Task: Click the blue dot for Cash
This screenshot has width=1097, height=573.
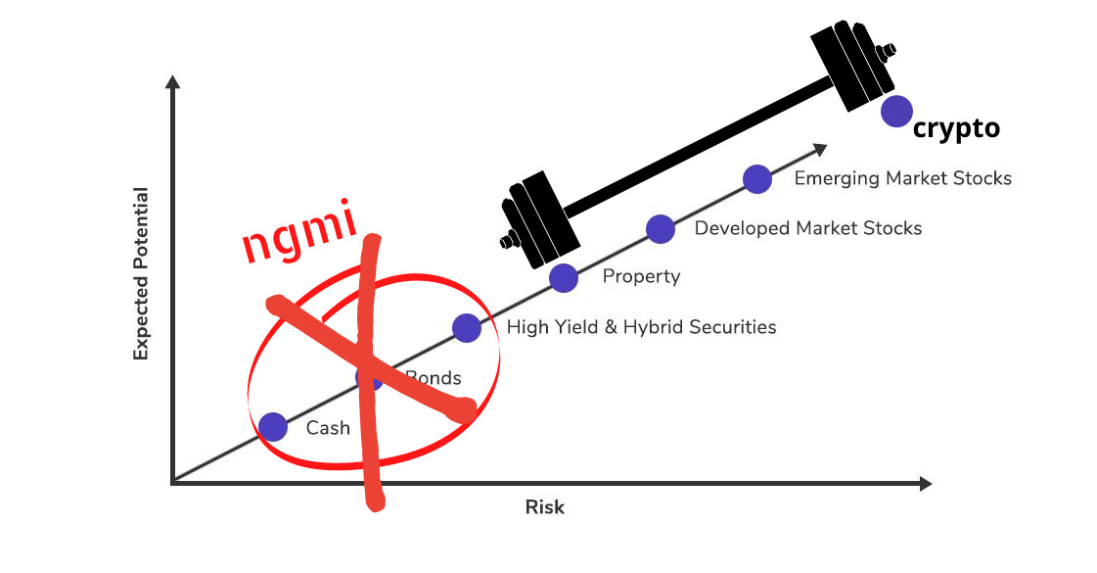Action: click(273, 427)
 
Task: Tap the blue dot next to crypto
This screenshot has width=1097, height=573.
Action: click(896, 111)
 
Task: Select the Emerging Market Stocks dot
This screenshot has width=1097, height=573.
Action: click(756, 179)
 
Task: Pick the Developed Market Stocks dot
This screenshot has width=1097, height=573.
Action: click(661, 229)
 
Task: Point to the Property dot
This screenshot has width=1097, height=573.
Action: click(564, 278)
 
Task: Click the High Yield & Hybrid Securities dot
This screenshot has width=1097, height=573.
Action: click(467, 328)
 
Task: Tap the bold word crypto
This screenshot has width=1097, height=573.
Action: click(955, 128)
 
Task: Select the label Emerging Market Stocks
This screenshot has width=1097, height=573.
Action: click(902, 178)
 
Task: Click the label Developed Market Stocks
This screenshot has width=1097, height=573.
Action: click(807, 228)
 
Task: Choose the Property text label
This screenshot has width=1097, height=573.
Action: click(641, 277)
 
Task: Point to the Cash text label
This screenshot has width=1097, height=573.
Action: click(328, 428)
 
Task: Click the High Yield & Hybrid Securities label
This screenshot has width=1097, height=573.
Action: click(641, 327)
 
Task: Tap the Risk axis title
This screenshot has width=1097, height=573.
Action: click(545, 507)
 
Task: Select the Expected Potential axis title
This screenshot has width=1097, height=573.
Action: click(142, 273)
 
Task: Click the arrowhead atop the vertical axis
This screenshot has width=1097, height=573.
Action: click(172, 82)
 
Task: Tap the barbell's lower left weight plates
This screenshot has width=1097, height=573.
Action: click(533, 220)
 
